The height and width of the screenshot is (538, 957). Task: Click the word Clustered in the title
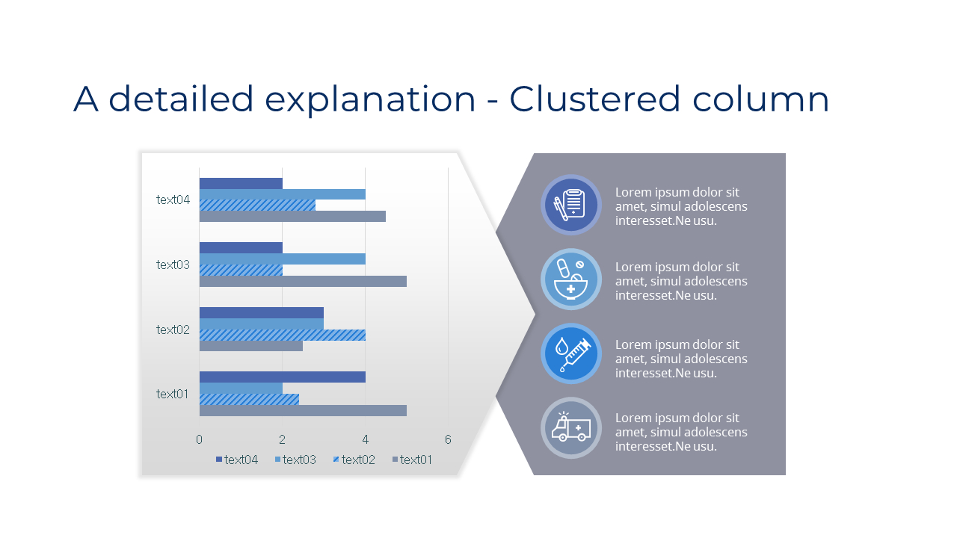coord(595,99)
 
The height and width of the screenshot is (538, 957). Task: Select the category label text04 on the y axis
coord(173,200)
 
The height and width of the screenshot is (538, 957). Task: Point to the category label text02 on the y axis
coord(173,330)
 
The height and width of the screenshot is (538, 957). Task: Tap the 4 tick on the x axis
coord(365,439)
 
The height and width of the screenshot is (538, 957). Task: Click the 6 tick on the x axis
coord(448,439)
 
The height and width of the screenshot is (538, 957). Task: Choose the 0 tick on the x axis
coord(199,439)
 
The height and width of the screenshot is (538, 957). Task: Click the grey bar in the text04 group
coord(292,217)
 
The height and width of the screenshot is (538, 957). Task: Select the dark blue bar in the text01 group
coord(282,377)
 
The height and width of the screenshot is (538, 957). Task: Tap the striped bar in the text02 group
coord(282,335)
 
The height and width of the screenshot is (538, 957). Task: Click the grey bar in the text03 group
coord(302,282)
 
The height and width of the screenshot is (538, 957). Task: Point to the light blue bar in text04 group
coord(282,194)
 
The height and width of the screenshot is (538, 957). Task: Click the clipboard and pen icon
coord(571,205)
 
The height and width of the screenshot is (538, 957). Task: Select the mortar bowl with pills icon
coord(571,279)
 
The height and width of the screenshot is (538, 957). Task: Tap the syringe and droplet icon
coord(571,353)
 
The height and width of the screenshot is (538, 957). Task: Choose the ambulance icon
coord(571,427)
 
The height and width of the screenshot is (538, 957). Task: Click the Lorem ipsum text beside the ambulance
coord(680,432)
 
